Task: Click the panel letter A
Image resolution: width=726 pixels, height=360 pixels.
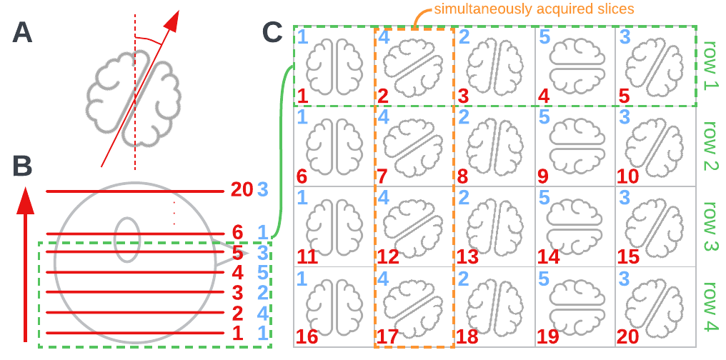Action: pos(23,33)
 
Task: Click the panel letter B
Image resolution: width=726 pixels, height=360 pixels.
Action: pos(23,166)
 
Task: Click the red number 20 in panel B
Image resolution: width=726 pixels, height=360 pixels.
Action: pos(242,190)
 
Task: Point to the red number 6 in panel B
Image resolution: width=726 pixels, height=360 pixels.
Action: pos(238,232)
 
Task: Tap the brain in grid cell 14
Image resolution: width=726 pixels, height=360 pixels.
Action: pos(575,226)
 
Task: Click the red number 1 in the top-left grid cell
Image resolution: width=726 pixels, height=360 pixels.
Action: pos(302,95)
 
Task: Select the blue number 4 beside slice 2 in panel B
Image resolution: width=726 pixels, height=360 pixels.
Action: pos(262,312)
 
